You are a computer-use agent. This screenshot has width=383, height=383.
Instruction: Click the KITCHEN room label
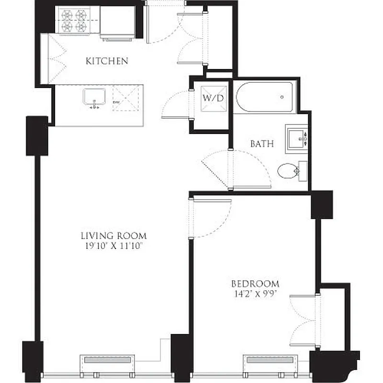pyautogui.click(x=107, y=61)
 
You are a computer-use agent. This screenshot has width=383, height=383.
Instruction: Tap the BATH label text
pyautogui.click(x=262, y=143)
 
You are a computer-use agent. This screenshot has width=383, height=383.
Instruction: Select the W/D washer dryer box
pyautogui.click(x=213, y=98)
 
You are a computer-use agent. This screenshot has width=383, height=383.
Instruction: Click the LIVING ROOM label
pyautogui.click(x=113, y=236)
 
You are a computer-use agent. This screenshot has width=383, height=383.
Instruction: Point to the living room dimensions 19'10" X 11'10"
pyautogui.click(x=113, y=246)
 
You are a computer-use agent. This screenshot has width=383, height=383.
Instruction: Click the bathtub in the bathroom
pyautogui.click(x=266, y=96)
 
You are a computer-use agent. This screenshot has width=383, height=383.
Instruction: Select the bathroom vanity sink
pyautogui.click(x=296, y=139)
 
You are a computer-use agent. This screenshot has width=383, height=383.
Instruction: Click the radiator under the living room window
pyautogui.click(x=107, y=360)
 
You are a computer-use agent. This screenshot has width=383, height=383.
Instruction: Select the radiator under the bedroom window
pyautogui.click(x=269, y=360)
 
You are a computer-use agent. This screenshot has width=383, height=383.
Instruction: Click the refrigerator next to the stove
pyautogui.click(x=117, y=22)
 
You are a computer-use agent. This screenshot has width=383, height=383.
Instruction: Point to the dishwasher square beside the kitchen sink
pyautogui.click(x=126, y=99)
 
